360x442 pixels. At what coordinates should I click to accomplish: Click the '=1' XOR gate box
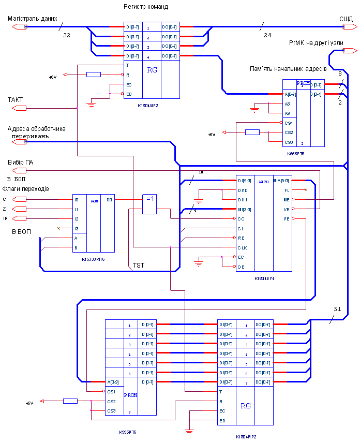point(149,204)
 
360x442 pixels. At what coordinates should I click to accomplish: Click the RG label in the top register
point(152,70)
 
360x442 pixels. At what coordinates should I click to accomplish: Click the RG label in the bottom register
point(246,406)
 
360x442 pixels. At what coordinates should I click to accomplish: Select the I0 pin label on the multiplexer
point(77,199)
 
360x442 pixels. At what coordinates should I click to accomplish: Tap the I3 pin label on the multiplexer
point(77,228)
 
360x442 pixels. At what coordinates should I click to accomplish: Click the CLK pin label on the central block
point(242,248)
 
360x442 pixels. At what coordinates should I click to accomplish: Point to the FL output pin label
point(287,190)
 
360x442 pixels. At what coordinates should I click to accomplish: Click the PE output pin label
point(287,219)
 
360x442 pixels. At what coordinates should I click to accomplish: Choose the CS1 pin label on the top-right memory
point(289,123)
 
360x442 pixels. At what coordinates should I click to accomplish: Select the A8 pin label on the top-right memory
point(288,104)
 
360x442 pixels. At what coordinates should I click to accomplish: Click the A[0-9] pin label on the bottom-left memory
point(113,382)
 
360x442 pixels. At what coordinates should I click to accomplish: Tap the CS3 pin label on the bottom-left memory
point(111,411)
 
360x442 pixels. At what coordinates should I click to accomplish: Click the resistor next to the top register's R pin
point(94,75)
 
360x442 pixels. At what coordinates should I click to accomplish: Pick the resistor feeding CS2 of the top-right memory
point(252,132)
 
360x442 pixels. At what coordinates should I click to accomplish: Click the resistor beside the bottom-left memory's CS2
point(70,401)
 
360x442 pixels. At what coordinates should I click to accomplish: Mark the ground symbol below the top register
point(92,105)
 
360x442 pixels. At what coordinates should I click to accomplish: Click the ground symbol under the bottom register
point(189,431)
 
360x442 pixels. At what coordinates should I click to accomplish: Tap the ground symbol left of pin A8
point(254,109)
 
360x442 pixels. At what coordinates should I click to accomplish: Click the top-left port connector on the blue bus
point(19,26)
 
